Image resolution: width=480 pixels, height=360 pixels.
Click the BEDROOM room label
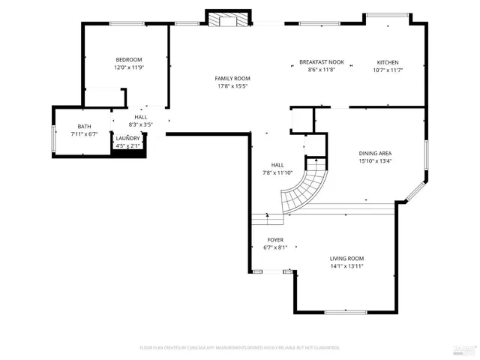128,59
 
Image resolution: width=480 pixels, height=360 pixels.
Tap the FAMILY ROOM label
232,78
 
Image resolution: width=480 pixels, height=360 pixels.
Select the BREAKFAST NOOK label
321,62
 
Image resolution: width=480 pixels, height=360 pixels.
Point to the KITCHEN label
388,62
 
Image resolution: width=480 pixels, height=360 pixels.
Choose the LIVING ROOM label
346,259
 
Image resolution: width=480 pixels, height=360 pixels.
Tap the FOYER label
275,240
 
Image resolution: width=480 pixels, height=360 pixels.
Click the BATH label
84,127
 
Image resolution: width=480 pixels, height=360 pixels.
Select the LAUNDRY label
127,139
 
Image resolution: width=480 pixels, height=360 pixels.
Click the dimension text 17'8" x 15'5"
232,86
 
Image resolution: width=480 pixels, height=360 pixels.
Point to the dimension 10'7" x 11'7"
388,70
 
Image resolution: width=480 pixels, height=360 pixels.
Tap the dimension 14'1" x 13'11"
346,266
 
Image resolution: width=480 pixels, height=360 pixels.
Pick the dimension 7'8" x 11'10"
277,172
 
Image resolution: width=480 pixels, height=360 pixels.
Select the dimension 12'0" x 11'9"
128,67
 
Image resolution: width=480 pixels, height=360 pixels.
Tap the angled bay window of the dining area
414,191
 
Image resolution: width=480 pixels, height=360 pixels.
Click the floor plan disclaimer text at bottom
239,348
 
